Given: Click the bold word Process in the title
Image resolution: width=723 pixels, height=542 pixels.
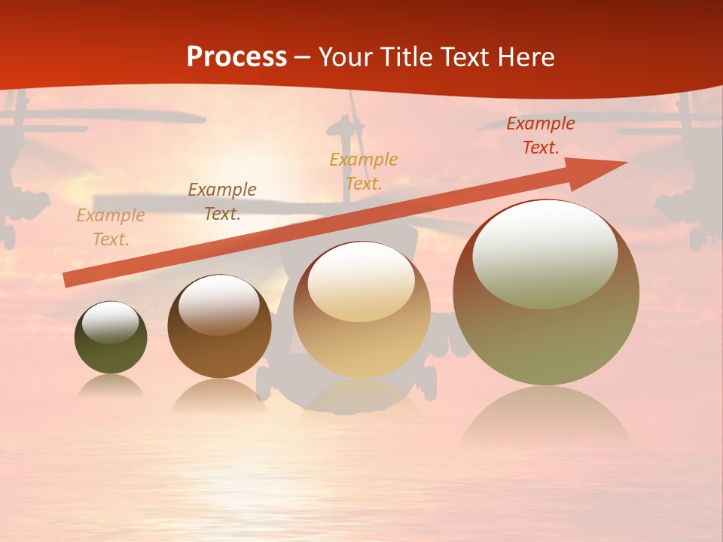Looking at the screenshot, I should [x=236, y=57].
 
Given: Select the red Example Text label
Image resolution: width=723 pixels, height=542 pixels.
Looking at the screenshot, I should [x=540, y=135].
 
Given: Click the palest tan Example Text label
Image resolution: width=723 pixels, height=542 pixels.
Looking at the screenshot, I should [x=110, y=227].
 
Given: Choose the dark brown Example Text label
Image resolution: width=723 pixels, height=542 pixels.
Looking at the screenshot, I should [x=221, y=201].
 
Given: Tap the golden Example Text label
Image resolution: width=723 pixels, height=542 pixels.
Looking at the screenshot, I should [x=363, y=171].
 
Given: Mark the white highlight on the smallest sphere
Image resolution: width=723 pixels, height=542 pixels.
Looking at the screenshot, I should [x=110, y=322].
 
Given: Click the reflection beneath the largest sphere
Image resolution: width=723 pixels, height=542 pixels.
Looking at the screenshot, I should [x=546, y=418].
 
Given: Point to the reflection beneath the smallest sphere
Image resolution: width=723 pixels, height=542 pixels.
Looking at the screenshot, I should [x=111, y=386].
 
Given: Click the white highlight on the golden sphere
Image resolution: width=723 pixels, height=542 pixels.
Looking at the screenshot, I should [x=361, y=282].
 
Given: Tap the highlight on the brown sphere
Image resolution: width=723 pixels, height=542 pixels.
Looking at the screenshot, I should [x=218, y=303].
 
